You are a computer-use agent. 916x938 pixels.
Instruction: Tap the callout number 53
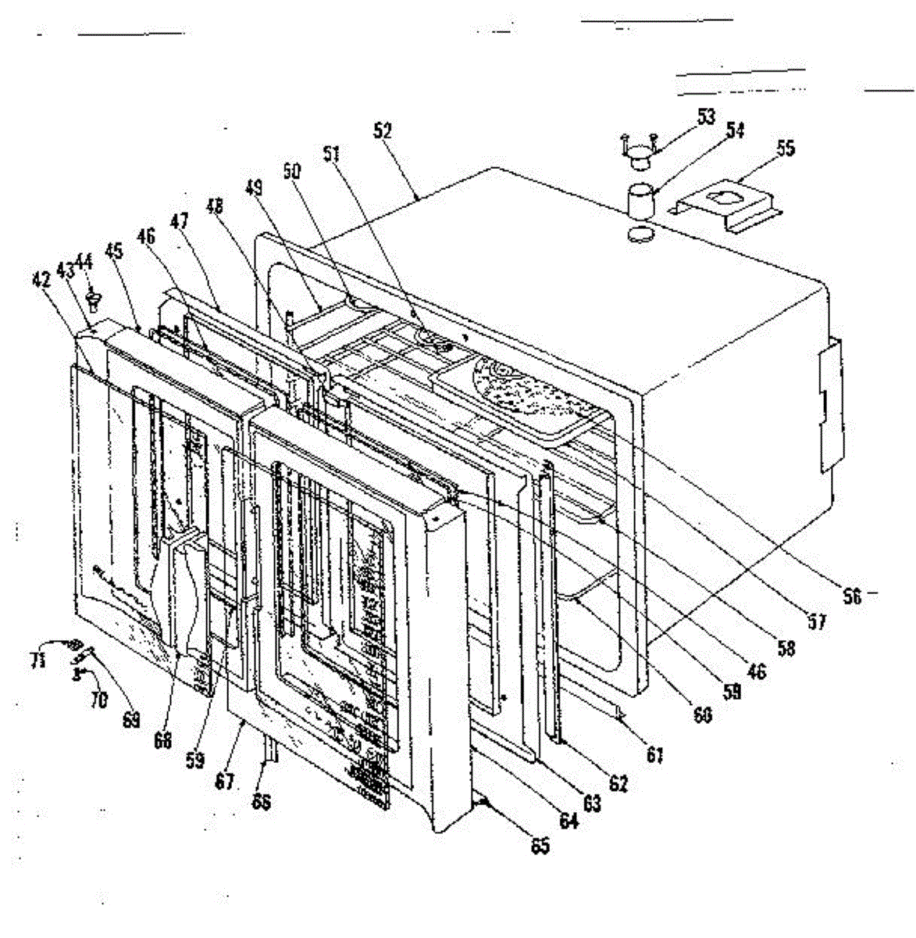point(706,116)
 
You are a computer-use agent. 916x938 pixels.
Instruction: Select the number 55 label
point(786,148)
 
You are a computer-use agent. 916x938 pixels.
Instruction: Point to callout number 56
point(852,596)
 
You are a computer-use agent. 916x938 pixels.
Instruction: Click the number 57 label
point(816,621)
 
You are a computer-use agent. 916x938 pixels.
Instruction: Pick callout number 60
point(703,714)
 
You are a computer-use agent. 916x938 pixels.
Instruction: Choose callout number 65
point(540,845)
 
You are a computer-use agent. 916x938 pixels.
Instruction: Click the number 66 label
point(262,803)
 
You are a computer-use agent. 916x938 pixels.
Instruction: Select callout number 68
point(162,739)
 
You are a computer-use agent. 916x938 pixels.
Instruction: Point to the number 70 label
point(98,700)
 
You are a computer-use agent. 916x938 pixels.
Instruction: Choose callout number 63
point(592,802)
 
